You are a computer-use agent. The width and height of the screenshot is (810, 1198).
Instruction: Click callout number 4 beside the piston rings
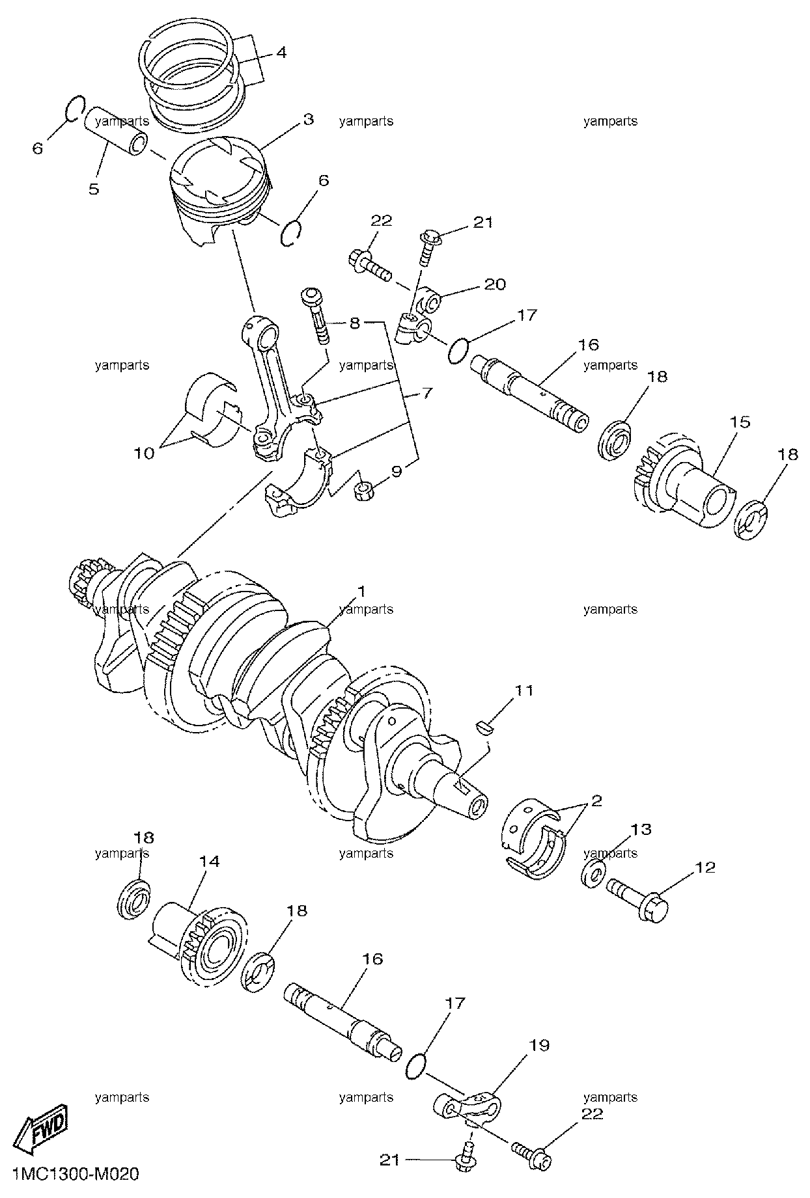281,52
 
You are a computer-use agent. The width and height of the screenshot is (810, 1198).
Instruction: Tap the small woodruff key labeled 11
484,726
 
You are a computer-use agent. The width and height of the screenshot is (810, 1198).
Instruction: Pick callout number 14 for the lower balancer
210,861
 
